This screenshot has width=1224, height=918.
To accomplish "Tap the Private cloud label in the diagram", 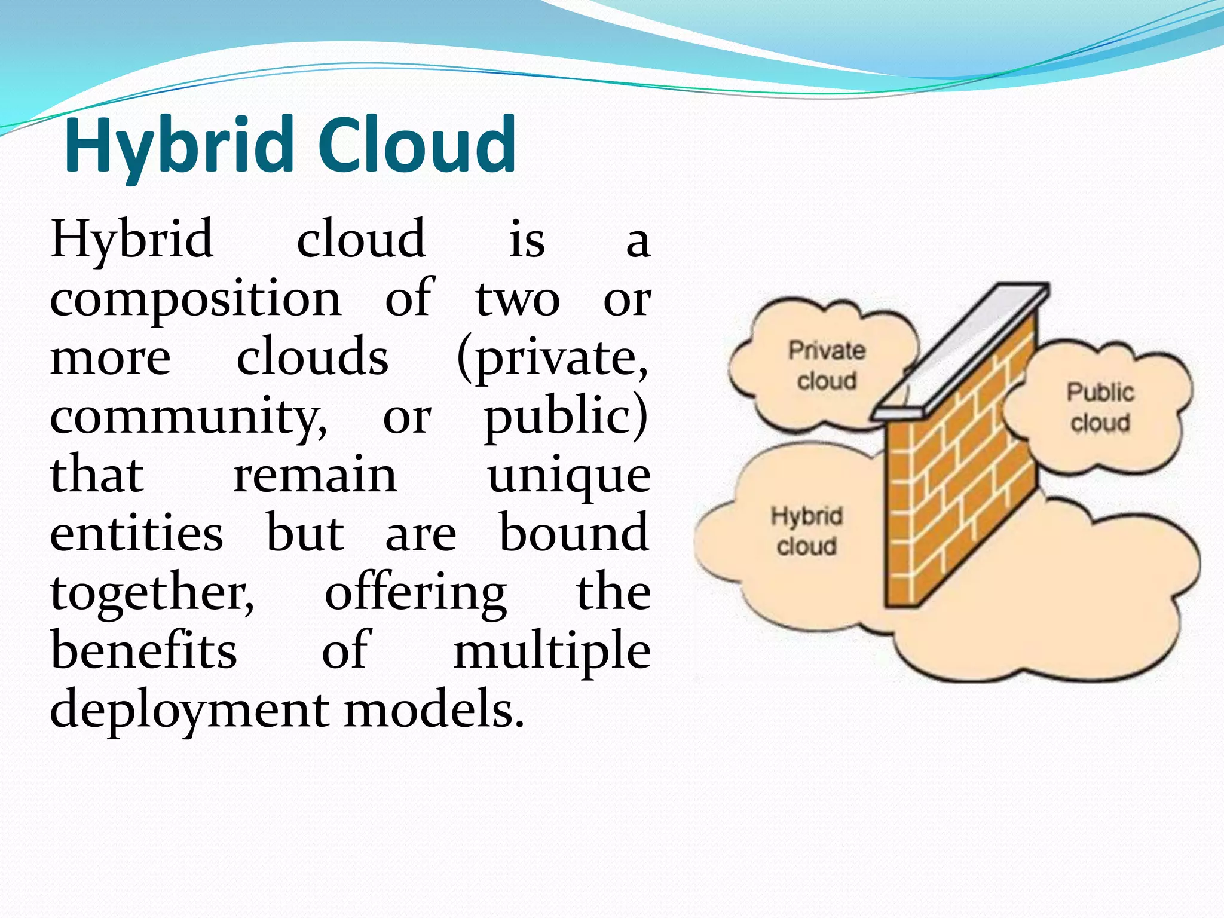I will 827,365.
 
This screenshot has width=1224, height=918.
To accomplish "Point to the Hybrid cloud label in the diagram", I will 806,531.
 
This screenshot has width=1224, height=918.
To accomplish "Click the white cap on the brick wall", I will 962,353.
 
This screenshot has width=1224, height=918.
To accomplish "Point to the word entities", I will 137,533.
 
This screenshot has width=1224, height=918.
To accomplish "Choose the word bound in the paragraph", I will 574,533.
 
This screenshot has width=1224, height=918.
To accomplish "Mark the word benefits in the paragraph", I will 144,650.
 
